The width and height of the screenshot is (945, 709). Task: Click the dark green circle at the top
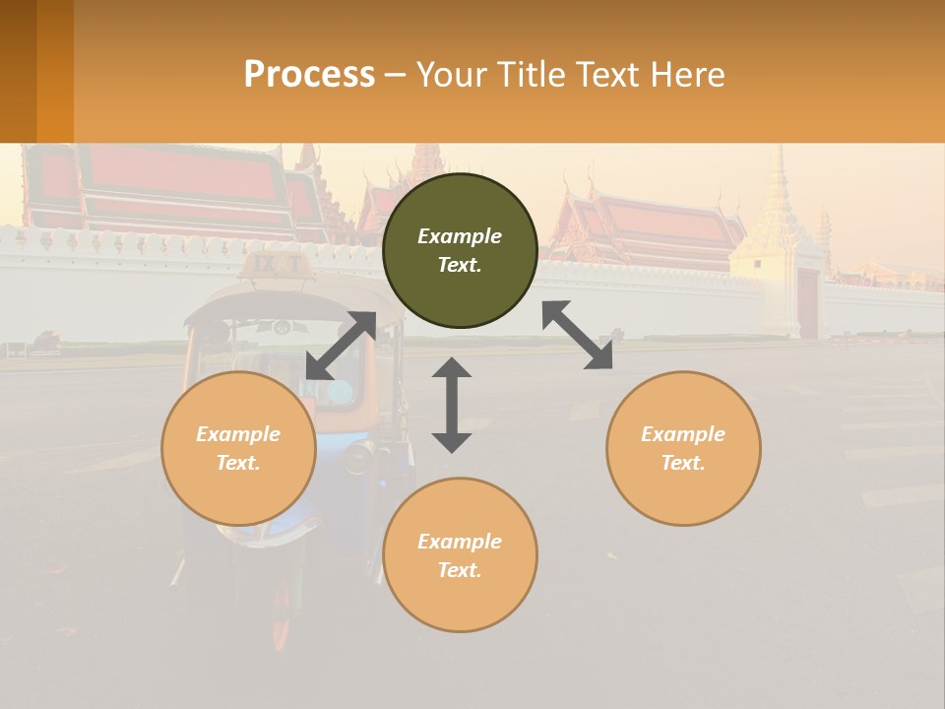coord(460,251)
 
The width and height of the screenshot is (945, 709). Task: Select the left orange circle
coord(238,448)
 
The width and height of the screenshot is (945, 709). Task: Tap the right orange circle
coord(683,448)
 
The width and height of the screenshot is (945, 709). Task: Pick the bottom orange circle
coord(460,555)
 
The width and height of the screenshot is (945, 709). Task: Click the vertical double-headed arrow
coord(452,405)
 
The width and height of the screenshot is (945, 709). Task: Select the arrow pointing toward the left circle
coord(341,346)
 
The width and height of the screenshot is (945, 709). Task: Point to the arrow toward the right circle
coord(578,335)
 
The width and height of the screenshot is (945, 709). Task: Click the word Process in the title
coord(309,74)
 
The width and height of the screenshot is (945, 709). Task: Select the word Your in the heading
coord(450,74)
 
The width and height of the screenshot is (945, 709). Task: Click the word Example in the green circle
coord(460,236)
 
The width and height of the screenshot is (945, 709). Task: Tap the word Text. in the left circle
coord(238,463)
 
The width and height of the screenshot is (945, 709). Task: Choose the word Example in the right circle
coord(683,433)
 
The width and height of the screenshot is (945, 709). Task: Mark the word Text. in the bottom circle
coord(460,570)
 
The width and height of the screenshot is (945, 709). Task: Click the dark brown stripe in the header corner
coord(18,71)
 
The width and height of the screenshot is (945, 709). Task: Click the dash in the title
coord(395,74)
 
